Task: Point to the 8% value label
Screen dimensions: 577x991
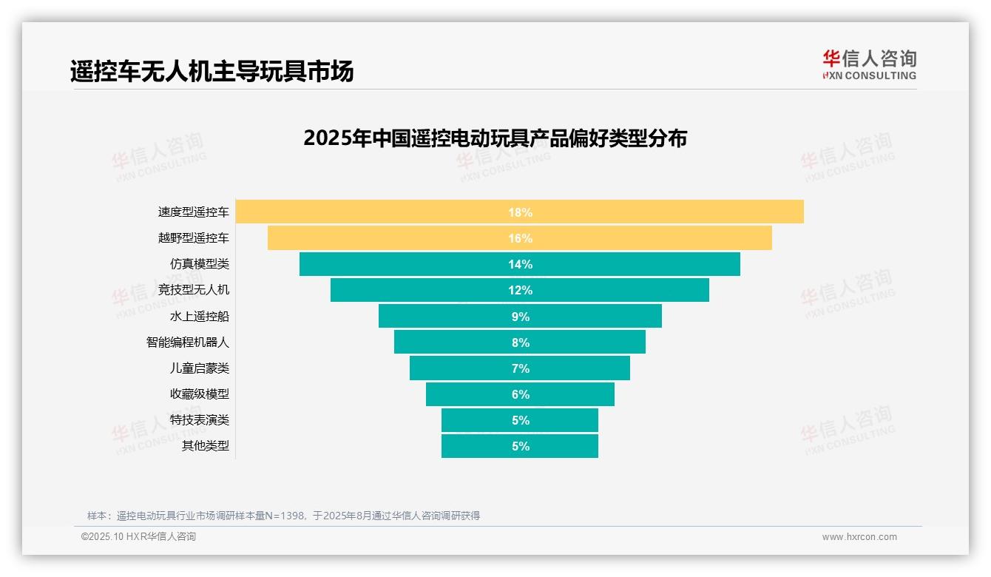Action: click(520, 343)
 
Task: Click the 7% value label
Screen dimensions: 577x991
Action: click(520, 368)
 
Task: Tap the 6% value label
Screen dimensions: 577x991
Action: click(520, 394)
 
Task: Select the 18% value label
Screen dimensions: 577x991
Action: click(520, 212)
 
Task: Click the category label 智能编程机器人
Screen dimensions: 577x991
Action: click(188, 343)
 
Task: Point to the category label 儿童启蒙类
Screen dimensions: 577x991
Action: click(200, 368)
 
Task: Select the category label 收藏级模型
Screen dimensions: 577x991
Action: click(200, 394)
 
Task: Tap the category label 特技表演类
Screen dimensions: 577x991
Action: click(200, 420)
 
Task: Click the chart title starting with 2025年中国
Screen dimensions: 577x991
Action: click(495, 138)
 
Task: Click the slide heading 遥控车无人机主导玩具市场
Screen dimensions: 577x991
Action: click(212, 71)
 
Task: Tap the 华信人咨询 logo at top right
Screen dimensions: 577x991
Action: click(869, 64)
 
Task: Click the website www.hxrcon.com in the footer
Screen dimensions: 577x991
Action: click(859, 537)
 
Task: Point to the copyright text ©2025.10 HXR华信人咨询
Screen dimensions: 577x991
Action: click(138, 537)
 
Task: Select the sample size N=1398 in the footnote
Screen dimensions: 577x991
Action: click(280, 516)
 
